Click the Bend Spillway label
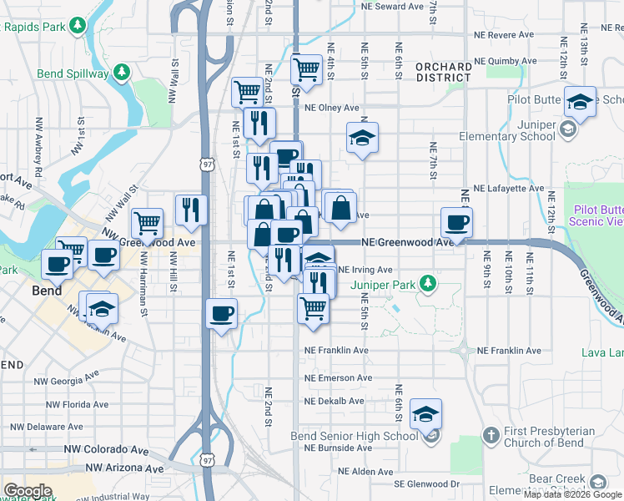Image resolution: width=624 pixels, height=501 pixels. (73, 73)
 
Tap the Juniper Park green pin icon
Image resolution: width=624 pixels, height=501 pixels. (428, 284)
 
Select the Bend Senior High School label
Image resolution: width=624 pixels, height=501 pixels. (354, 436)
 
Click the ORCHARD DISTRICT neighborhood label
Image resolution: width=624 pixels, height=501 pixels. (444, 72)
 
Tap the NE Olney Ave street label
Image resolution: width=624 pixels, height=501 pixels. (331, 108)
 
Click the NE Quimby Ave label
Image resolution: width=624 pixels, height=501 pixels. (503, 62)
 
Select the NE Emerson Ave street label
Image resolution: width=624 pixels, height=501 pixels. (338, 378)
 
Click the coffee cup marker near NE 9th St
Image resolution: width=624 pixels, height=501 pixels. (456, 223)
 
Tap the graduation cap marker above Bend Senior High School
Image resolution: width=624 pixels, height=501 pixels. (425, 413)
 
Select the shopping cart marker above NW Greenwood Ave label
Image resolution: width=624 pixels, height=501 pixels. (147, 223)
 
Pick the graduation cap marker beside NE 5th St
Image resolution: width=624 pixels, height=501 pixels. (362, 138)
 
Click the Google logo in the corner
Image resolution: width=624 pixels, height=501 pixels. (28, 491)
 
